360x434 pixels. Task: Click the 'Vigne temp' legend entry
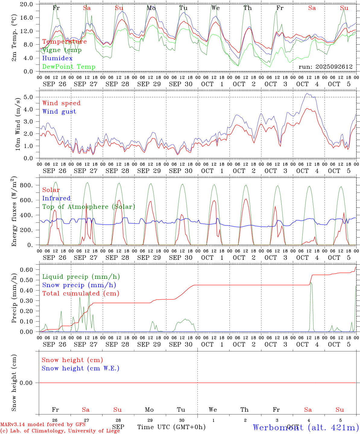click(x=62, y=50)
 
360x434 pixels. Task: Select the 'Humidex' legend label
click(x=57, y=58)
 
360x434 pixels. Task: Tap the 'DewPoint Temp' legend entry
click(x=69, y=67)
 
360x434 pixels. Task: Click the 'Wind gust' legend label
click(x=59, y=112)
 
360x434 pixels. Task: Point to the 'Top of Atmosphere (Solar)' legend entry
click(x=89, y=207)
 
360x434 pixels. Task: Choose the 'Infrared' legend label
click(x=56, y=198)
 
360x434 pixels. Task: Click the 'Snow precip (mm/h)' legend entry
click(x=79, y=285)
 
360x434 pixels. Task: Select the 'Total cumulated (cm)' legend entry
click(x=81, y=293)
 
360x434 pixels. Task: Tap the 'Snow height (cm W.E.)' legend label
click(x=81, y=368)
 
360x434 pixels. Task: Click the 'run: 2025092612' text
click(x=325, y=67)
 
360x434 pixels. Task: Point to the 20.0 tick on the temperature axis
click(x=27, y=5)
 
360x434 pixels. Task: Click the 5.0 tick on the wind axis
click(x=30, y=97)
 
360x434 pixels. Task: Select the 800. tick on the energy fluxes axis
click(x=26, y=185)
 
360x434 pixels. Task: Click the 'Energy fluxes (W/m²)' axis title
click(x=14, y=212)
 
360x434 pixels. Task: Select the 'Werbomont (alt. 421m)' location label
click(x=306, y=427)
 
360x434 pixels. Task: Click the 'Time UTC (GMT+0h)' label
click(x=171, y=427)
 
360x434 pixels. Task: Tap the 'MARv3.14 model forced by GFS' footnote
click(x=43, y=425)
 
